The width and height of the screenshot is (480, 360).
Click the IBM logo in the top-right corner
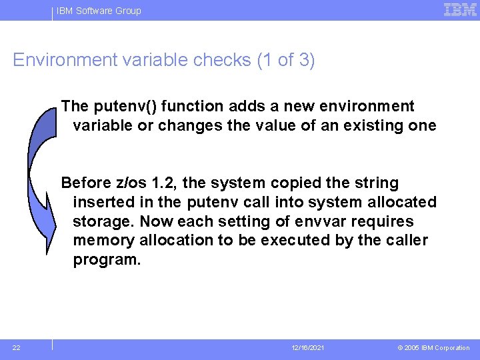tap(460, 10)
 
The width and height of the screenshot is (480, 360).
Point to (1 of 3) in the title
tap(286, 61)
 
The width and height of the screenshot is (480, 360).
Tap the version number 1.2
tap(164, 183)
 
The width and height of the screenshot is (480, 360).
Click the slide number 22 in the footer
tap(17, 347)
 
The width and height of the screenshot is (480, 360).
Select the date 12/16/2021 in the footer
tap(307, 348)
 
